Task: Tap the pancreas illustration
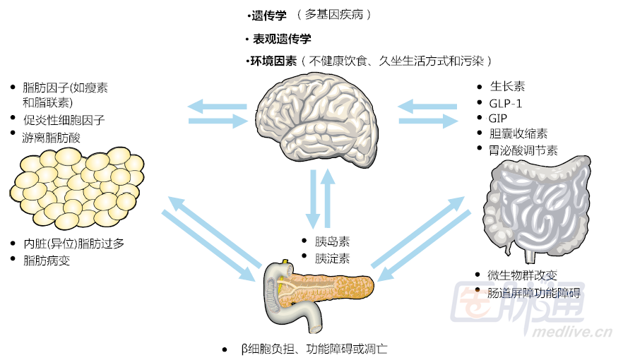(x=318, y=290)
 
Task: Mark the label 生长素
(x=507, y=87)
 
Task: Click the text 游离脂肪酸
(x=52, y=138)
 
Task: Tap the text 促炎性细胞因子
(x=64, y=120)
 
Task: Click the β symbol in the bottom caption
(x=244, y=349)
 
